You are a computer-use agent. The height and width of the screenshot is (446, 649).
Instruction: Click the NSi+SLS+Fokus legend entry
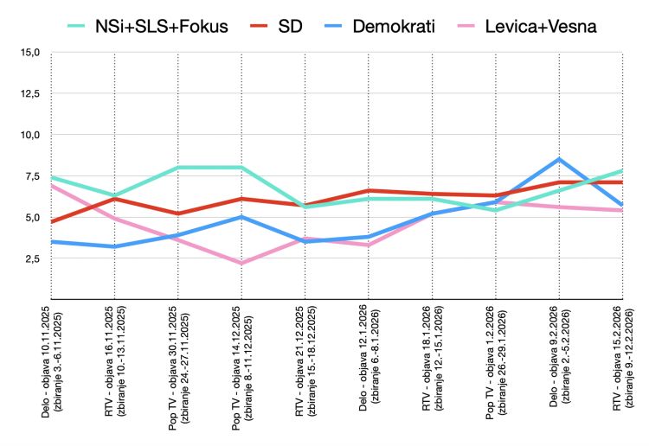pyautogui.click(x=148, y=26)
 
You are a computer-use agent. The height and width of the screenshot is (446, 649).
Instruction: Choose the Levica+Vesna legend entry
pyautogui.click(x=527, y=26)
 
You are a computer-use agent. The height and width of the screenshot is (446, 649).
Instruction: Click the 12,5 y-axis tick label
pyautogui.click(x=29, y=93)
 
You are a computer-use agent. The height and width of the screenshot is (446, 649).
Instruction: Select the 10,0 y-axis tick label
pyautogui.click(x=29, y=135)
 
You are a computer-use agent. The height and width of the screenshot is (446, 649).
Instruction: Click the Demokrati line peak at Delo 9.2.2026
pyautogui.click(x=559, y=159)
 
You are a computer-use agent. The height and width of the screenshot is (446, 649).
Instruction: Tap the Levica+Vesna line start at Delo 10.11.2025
pyautogui.click(x=51, y=185)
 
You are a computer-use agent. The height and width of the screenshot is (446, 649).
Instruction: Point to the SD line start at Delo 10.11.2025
pyautogui.click(x=51, y=221)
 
